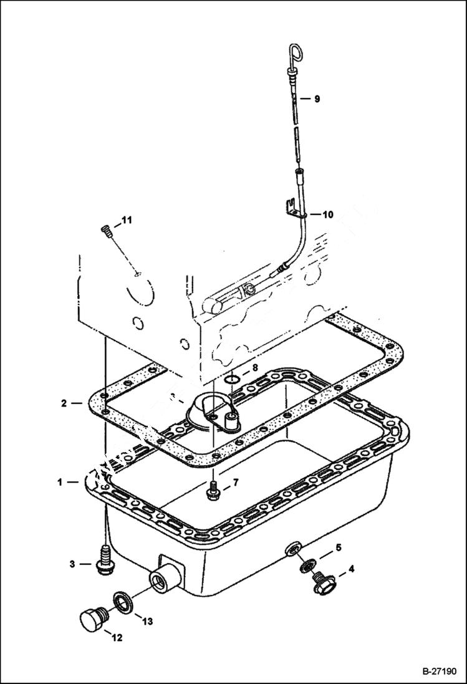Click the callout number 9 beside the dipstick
click(317, 99)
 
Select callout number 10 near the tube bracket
click(327, 214)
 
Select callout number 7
click(236, 483)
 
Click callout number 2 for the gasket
click(64, 403)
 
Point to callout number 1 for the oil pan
click(60, 482)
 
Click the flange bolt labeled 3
click(104, 557)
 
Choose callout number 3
click(72, 564)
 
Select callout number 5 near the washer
click(339, 548)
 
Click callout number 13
click(147, 621)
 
